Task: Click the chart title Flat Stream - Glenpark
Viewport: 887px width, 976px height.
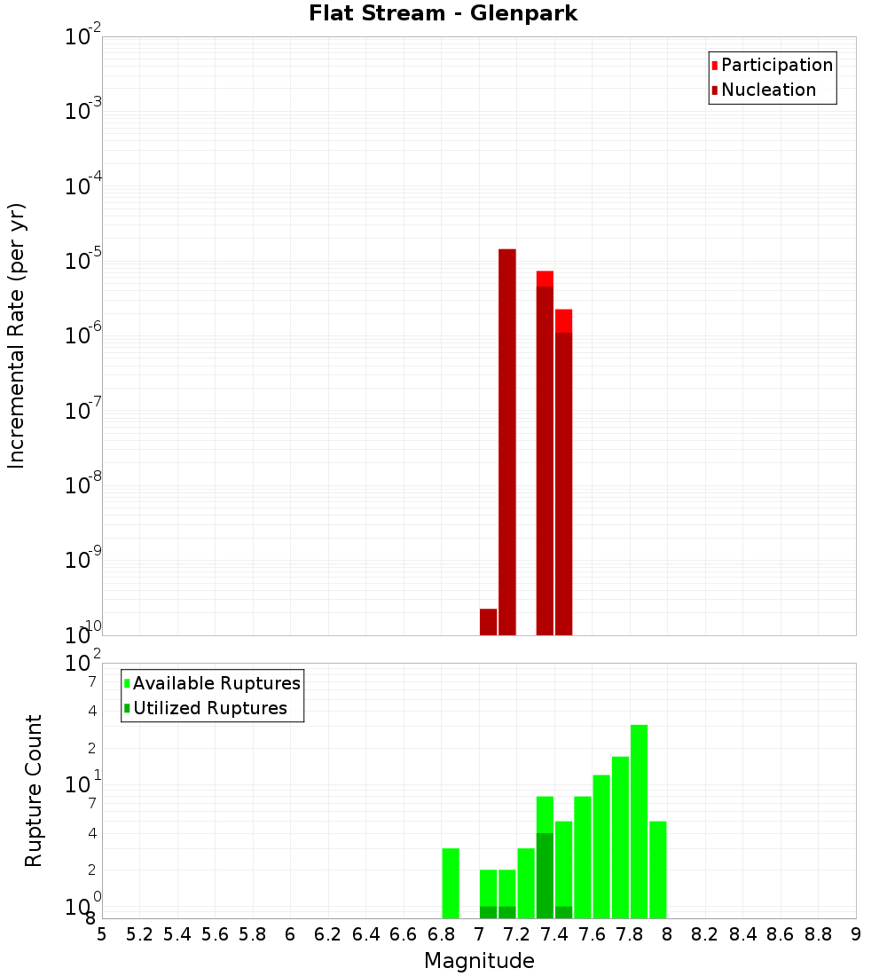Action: [x=443, y=14]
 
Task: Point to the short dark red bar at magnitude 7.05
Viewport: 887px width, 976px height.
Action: [x=488, y=622]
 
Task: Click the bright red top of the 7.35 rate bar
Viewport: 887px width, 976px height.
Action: [x=545, y=279]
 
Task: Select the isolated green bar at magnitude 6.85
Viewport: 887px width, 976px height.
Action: [x=451, y=883]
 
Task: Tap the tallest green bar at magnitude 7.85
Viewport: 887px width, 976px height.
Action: [x=639, y=821]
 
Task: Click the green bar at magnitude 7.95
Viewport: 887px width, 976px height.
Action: [x=657, y=870]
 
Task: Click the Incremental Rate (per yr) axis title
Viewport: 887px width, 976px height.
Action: [x=17, y=336]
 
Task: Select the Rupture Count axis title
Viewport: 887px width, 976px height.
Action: [x=34, y=791]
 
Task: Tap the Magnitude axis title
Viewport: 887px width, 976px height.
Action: [x=479, y=961]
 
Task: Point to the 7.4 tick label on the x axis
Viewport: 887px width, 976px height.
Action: [x=554, y=934]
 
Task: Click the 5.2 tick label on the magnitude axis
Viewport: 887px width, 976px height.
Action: [x=139, y=934]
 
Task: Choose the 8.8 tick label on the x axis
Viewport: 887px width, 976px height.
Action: [x=818, y=934]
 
